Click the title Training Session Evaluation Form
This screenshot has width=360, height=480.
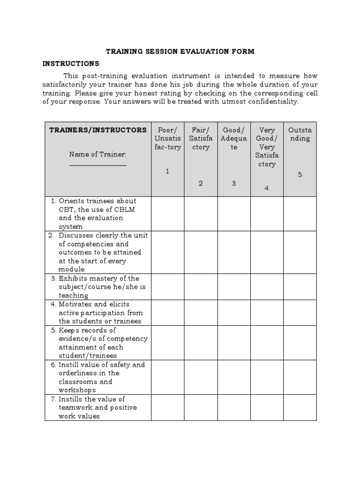(x=180, y=52)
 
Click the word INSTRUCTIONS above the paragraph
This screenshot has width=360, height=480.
(x=71, y=63)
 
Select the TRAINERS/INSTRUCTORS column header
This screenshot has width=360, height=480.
(x=98, y=130)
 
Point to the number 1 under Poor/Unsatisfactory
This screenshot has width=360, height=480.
(x=167, y=172)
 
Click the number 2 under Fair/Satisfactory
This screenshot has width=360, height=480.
(x=201, y=183)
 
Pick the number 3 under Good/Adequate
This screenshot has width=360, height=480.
(x=234, y=183)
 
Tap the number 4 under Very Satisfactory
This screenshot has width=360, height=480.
(x=267, y=188)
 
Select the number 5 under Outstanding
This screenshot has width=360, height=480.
(x=300, y=175)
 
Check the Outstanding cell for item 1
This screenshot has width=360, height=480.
(x=300, y=213)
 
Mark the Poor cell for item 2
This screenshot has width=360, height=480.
(x=167, y=252)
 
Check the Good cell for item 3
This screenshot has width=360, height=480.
(x=234, y=287)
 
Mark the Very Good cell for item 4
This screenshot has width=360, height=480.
(x=267, y=313)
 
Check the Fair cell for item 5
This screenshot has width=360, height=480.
(x=201, y=343)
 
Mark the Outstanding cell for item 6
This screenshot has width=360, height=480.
(x=300, y=377)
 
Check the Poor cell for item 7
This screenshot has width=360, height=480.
(x=167, y=407)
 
